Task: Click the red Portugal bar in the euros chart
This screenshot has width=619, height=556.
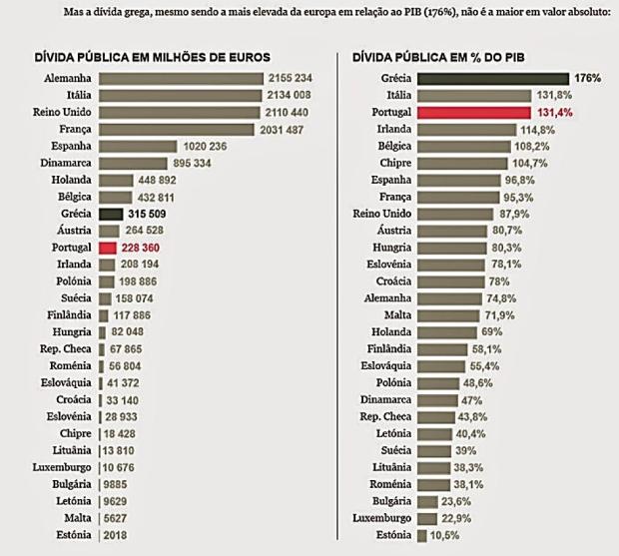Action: (109, 247)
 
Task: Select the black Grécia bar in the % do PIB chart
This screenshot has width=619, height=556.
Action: (493, 78)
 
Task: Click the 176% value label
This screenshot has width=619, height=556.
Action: (587, 78)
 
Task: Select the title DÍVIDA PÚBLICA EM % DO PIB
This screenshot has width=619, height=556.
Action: (446, 58)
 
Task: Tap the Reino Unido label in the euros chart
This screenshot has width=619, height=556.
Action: (58, 112)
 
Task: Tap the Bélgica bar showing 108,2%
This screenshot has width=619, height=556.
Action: (464, 146)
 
